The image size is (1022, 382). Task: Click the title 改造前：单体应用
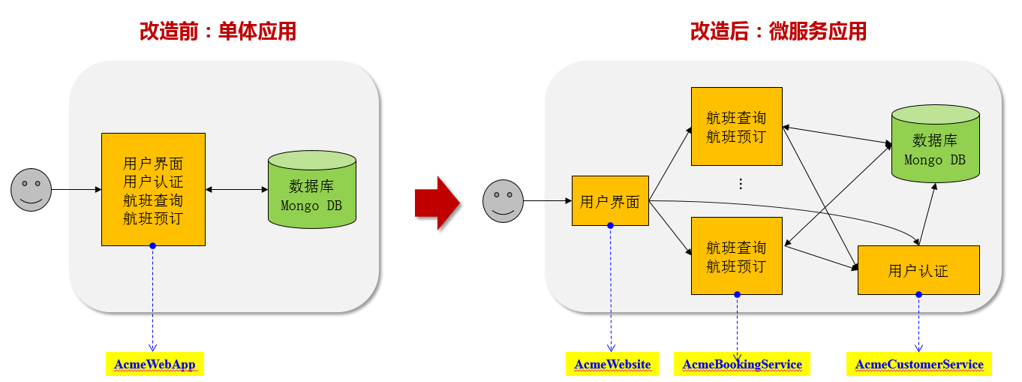coord(218,32)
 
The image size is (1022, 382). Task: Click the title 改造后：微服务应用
coord(778,32)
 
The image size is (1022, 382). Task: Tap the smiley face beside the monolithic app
coord(31,190)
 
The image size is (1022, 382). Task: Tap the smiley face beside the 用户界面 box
coord(503,201)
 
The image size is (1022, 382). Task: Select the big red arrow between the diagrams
coord(437,203)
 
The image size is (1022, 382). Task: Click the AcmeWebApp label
coord(155,365)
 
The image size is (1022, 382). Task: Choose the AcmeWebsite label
coord(612,365)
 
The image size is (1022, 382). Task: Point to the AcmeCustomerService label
coord(919,365)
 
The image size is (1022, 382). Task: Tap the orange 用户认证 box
coord(918,270)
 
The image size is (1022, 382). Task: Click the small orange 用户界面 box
coord(609,201)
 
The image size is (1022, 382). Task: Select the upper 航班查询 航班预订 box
coord(736,126)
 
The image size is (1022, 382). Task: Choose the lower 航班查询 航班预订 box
coord(736,256)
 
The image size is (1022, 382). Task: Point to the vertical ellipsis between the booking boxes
coord(741,184)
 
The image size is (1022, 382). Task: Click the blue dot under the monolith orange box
coord(152,246)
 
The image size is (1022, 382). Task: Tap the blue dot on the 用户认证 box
coord(918,294)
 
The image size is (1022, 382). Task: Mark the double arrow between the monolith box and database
coord(236,190)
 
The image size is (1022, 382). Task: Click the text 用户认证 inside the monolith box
coord(153,182)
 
